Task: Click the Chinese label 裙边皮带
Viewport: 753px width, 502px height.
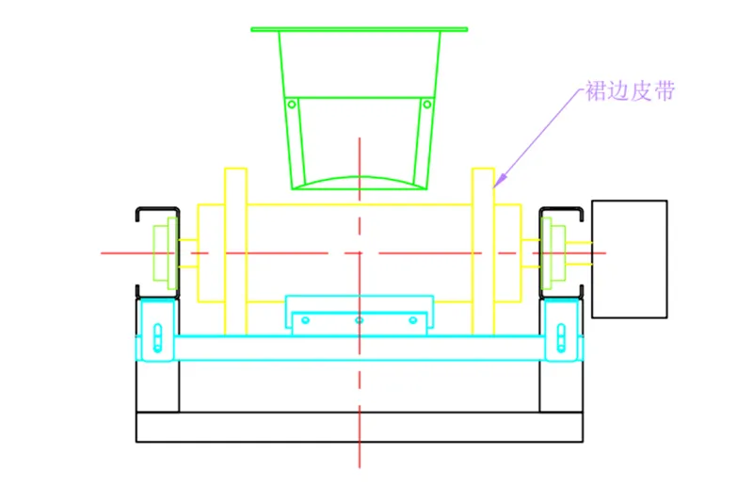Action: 630,92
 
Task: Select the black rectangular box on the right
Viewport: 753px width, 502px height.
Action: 629,258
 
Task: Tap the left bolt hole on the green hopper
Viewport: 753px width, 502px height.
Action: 292,104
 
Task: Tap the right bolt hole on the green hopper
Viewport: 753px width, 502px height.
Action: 426,104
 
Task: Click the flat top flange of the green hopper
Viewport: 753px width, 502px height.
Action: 359,29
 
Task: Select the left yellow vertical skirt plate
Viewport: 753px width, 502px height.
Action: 235,251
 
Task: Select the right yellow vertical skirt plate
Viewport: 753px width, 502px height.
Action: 483,251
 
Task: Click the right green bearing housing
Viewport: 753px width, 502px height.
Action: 553,252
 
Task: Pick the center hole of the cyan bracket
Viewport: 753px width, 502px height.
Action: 359,320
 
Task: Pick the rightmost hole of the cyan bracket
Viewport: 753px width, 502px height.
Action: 412,320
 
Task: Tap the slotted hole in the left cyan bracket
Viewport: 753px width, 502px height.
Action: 158,336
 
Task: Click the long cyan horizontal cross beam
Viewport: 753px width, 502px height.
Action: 359,348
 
